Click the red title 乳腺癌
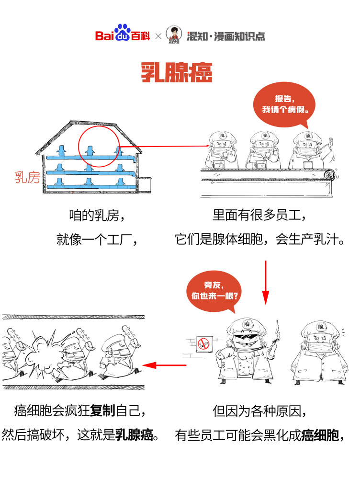(176, 72)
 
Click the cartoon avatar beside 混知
(174, 34)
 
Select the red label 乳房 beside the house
(27, 177)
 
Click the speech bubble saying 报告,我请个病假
(284, 106)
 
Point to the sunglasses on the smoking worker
(246, 337)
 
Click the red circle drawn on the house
(99, 147)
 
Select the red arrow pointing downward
(265, 283)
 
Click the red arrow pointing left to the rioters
(164, 365)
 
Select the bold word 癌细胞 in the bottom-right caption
(320, 435)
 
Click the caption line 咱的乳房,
(97, 216)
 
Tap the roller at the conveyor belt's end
(329, 175)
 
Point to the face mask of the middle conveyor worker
(264, 151)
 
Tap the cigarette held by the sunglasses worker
(277, 340)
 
